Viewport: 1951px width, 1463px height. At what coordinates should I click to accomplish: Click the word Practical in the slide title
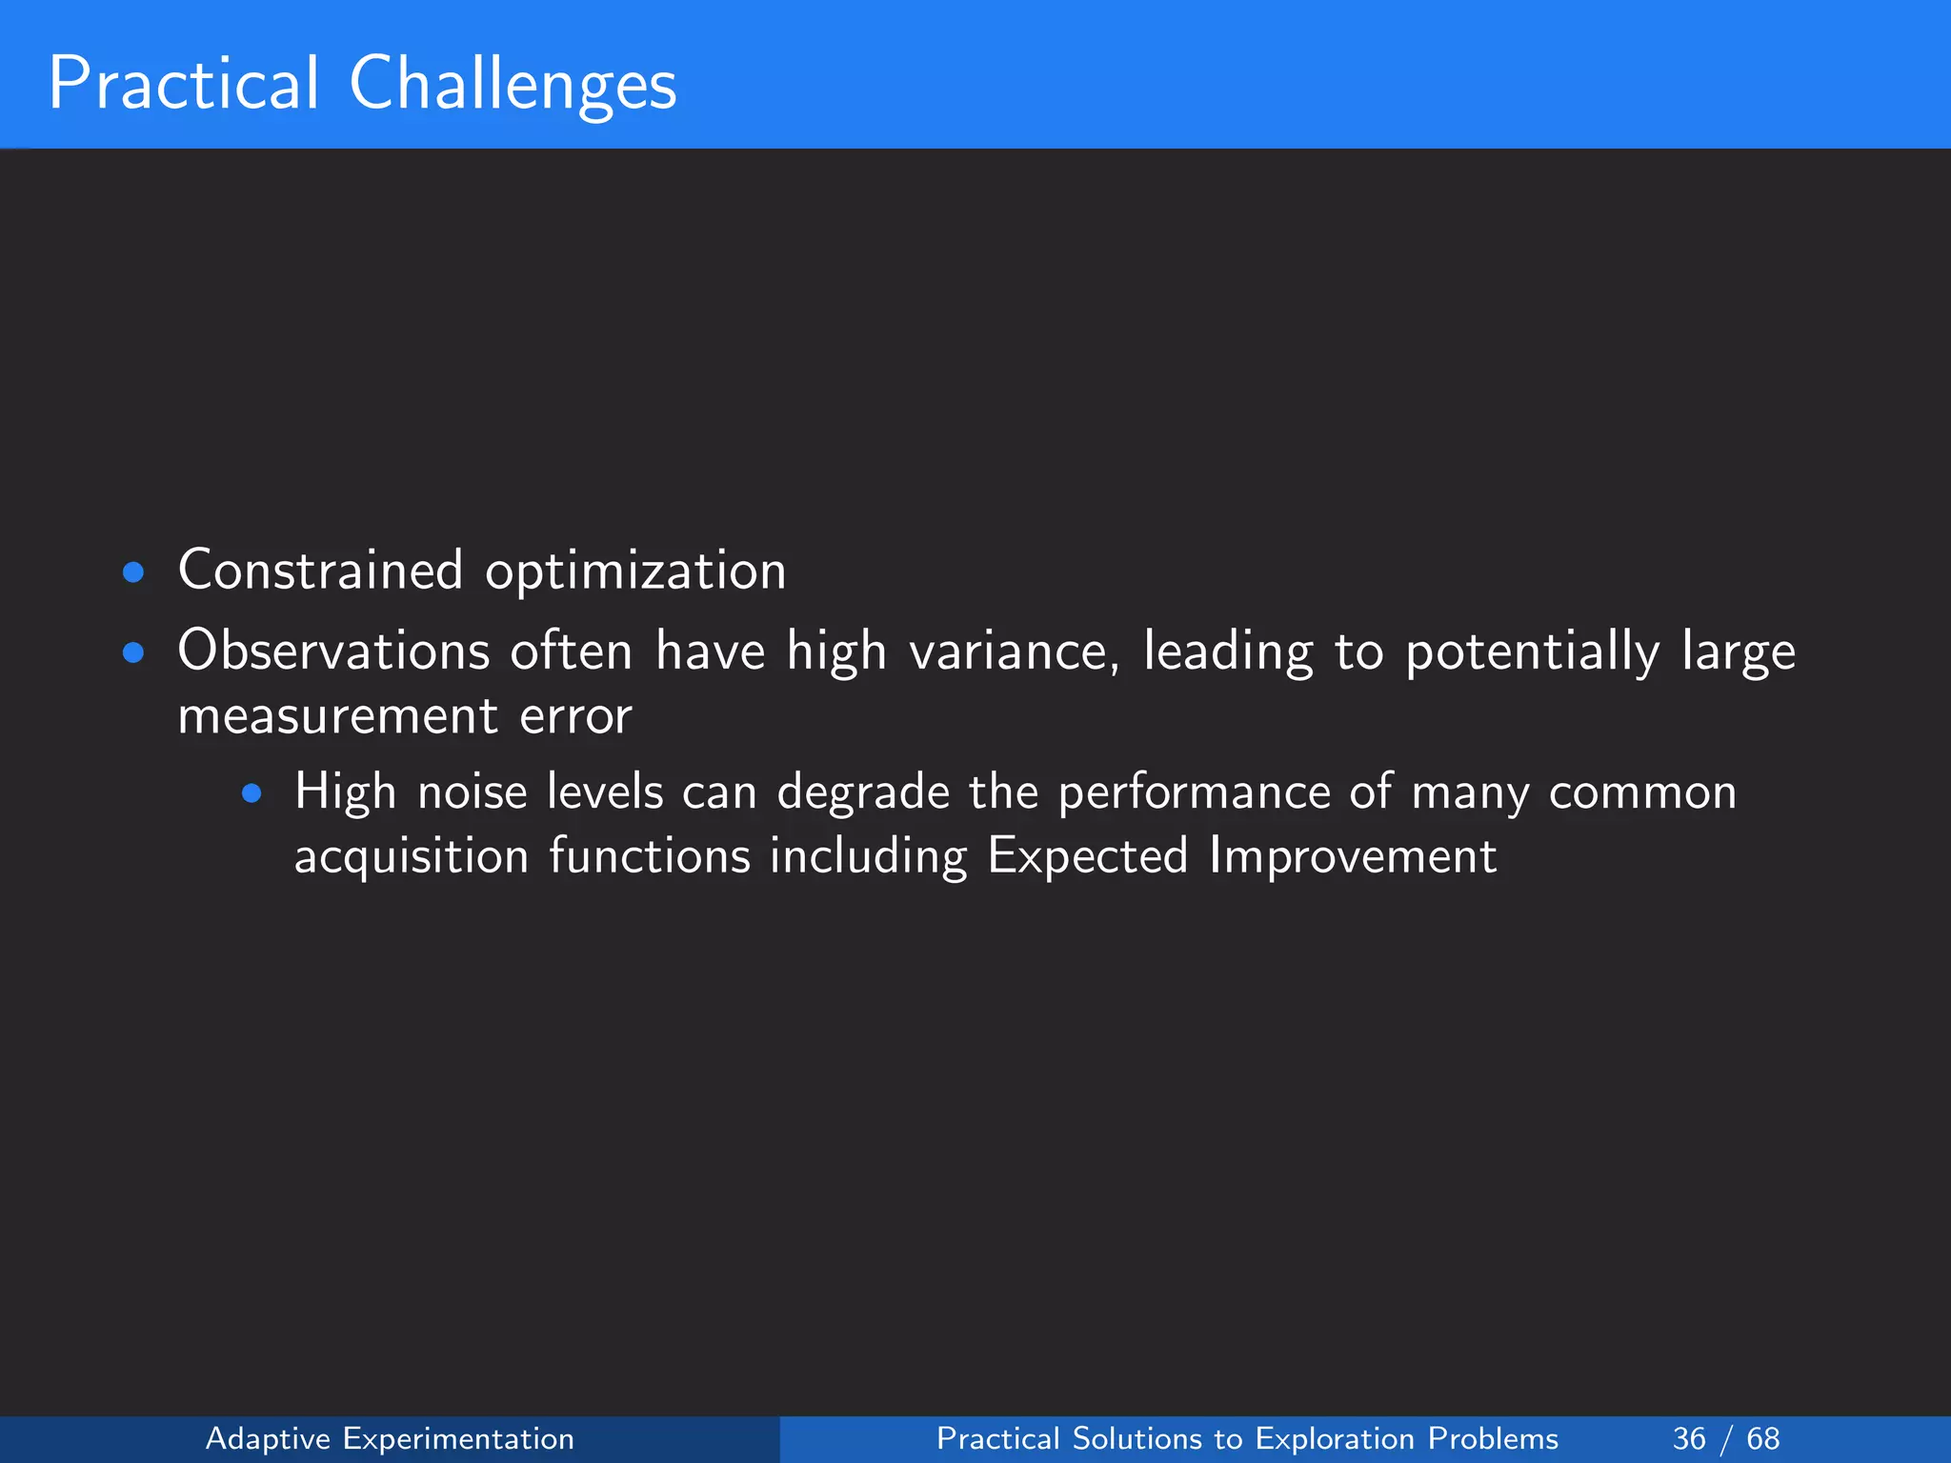[183, 84]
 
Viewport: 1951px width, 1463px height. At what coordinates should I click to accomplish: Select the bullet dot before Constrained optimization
[133, 572]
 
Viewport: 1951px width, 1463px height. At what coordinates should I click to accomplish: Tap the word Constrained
[320, 571]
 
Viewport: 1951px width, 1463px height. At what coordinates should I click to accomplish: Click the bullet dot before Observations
[133, 653]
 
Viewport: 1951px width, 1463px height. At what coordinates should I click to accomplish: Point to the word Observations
[333, 652]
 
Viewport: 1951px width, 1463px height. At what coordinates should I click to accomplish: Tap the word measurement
[337, 717]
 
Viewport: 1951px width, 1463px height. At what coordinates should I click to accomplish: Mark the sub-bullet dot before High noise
[251, 793]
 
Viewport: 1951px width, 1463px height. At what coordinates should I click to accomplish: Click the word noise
[473, 792]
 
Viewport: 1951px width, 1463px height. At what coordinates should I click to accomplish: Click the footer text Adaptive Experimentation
[390, 1438]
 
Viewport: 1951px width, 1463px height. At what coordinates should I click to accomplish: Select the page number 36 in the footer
[1689, 1438]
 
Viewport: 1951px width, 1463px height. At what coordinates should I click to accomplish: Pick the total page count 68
[1762, 1438]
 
